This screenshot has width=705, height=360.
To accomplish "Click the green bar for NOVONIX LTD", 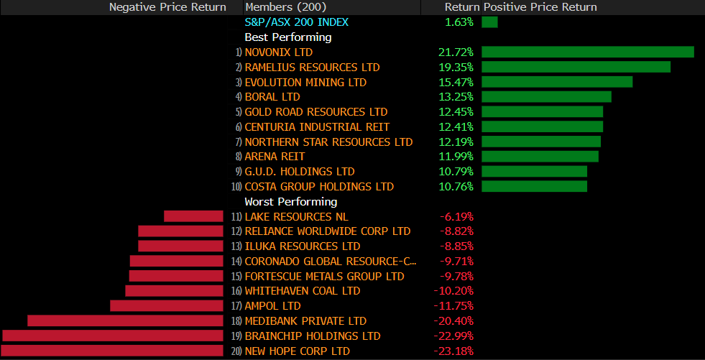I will coord(587,52).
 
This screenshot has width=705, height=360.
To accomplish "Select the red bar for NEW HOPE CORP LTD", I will coord(112,351).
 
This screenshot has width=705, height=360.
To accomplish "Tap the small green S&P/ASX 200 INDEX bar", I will coord(489,22).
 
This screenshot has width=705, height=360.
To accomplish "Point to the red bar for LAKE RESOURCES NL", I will coord(193,216).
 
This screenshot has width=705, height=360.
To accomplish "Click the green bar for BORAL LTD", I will coord(546,97).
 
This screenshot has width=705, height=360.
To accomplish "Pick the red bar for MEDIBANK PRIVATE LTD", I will coord(125,321).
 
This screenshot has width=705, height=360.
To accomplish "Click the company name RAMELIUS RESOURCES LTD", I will coord(312,68).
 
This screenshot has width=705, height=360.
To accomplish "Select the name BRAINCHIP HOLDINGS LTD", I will coord(312,336).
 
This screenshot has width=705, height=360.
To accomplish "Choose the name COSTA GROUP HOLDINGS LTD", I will coord(319,187).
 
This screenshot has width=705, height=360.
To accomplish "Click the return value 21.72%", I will coord(456,52).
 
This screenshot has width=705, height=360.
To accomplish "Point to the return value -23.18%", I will coord(453,351).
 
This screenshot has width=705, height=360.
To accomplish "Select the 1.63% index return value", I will coord(459,22).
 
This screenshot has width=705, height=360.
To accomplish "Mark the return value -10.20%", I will coord(453,291).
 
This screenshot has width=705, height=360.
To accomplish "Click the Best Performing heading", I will coord(288,37).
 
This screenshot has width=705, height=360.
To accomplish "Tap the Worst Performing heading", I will coord(290,202).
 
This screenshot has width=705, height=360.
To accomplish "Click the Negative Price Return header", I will coord(167,7).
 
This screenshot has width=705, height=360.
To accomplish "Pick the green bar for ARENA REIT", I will coord(540,157).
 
